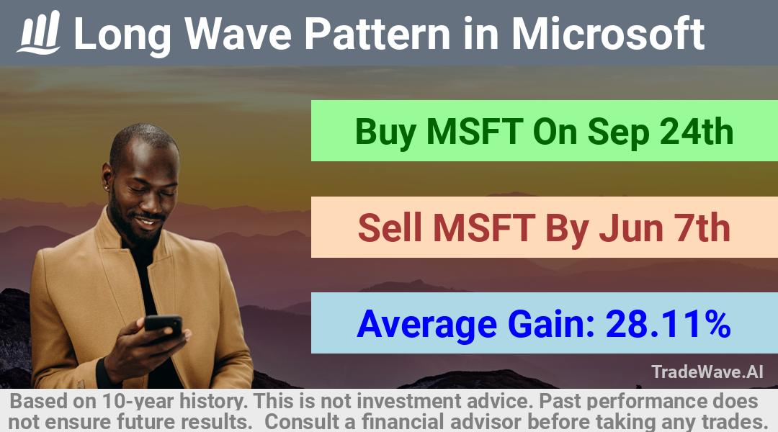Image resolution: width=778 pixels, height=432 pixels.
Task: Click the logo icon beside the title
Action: pos(39,32)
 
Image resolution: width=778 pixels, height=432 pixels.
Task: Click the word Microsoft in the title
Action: pos(608,34)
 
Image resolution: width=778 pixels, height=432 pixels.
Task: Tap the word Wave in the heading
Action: pos(238,34)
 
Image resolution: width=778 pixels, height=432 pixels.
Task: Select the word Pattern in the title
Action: pos(377,34)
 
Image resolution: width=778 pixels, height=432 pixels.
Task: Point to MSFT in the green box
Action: pos(474,132)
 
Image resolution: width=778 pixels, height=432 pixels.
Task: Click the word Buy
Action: pos(385,132)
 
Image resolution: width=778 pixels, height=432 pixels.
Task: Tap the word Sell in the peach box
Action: pos(390,228)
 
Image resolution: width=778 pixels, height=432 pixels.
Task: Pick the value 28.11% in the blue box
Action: pos(668,324)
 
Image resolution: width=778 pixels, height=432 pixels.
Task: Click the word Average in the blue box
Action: pos(426,325)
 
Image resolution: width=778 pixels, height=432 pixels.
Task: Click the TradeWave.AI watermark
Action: pos(707,372)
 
